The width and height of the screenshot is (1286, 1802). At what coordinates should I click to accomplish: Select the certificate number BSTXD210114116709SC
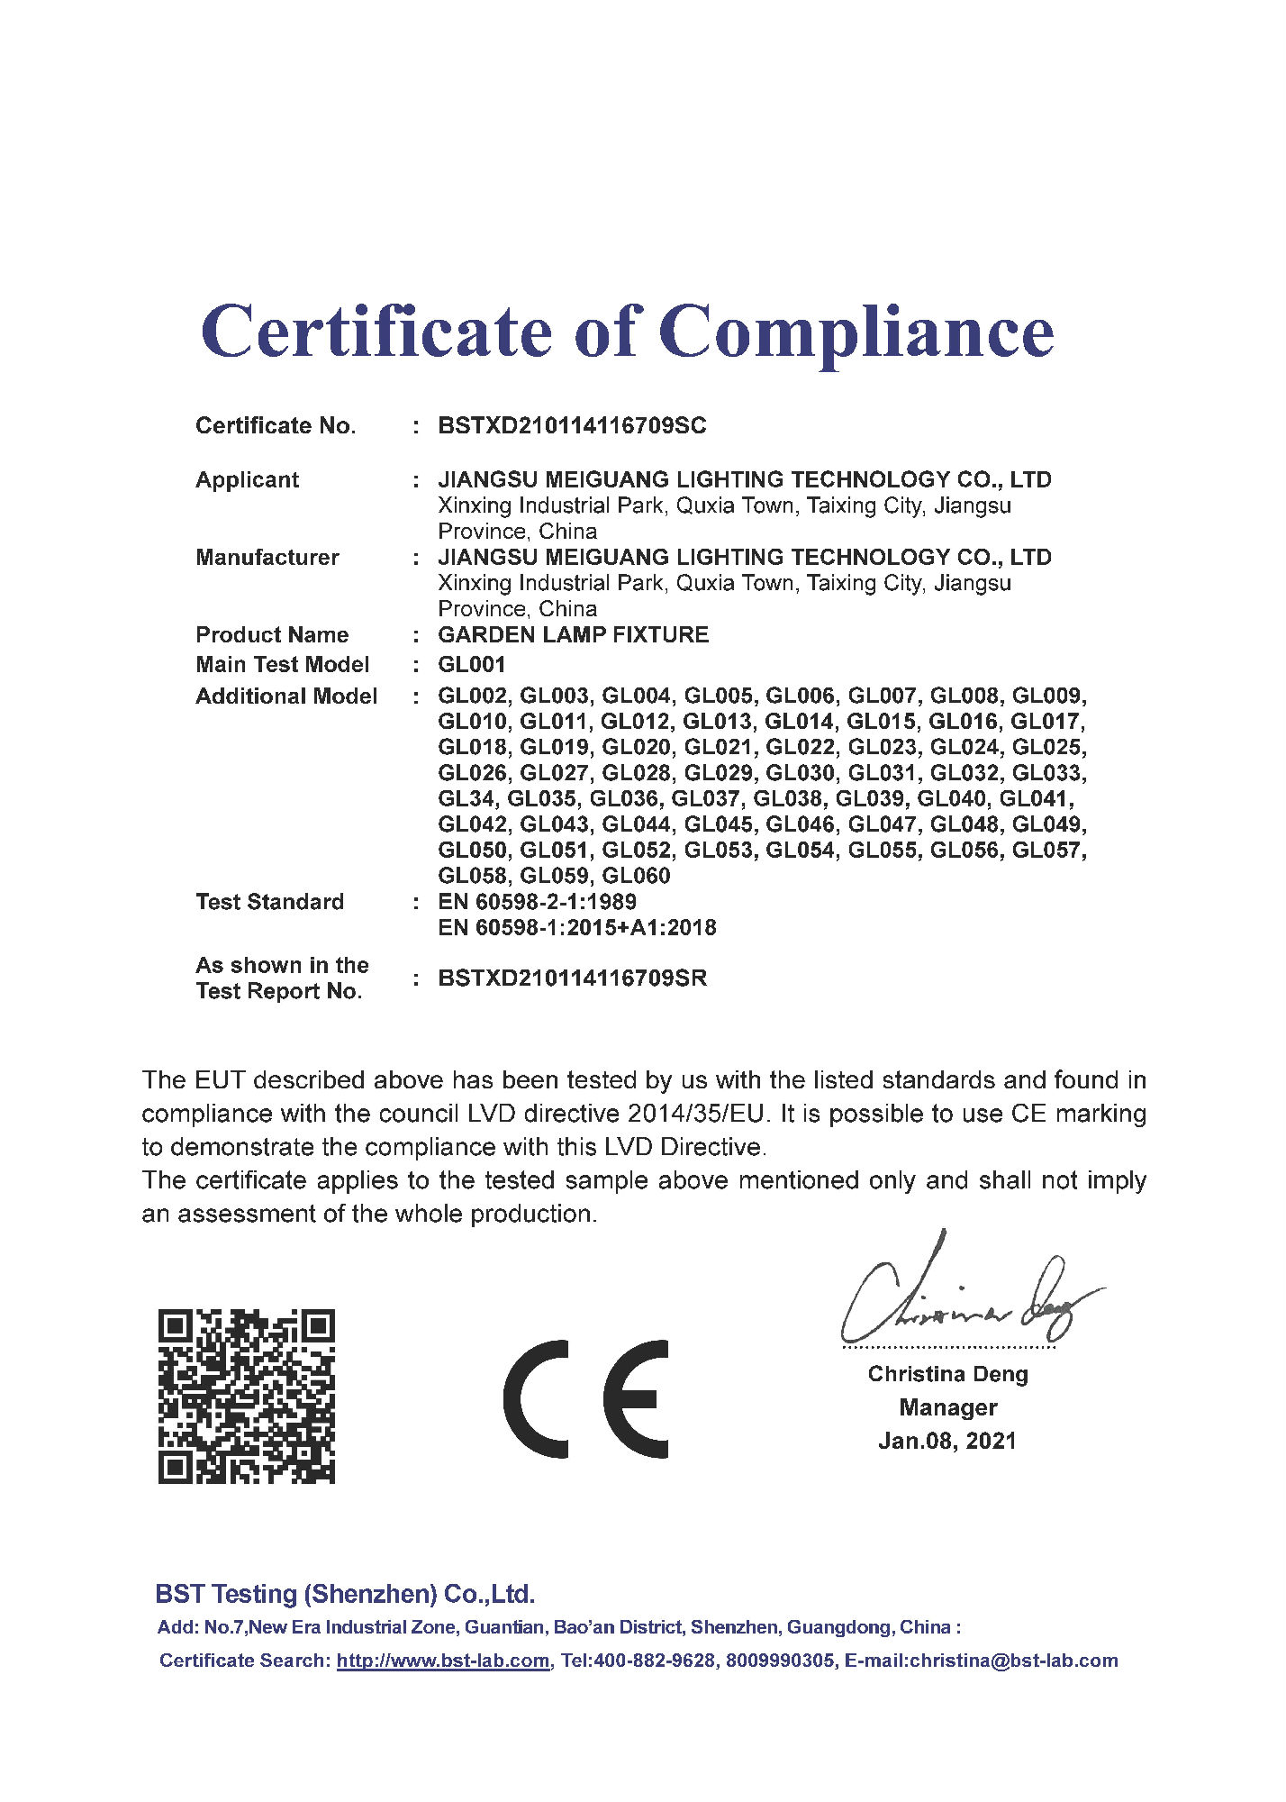[572, 426]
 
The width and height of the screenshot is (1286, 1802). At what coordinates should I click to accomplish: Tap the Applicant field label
[247, 480]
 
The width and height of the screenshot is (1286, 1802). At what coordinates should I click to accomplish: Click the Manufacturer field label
[267, 558]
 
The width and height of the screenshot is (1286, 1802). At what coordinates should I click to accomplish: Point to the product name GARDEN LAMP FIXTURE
[573, 635]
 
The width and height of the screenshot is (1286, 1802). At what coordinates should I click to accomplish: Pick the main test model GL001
[471, 665]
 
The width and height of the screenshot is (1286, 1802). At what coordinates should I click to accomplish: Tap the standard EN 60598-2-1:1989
[537, 902]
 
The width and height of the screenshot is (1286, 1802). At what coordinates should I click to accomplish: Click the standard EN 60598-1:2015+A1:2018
[576, 928]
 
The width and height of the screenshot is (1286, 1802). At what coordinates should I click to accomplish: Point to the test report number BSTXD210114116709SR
[572, 978]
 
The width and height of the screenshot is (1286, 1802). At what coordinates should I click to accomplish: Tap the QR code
[246, 1397]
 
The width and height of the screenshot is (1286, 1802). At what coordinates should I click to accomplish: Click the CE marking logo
[585, 1399]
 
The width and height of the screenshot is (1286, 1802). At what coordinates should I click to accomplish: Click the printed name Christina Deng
[947, 1374]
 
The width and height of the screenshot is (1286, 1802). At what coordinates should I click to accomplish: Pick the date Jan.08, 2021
[946, 1442]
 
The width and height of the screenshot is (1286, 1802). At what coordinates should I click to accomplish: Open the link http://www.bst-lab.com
[443, 1661]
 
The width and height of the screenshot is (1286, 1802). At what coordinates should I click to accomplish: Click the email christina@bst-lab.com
[1013, 1661]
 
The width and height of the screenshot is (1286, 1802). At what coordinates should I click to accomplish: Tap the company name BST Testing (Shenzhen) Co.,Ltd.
[345, 1594]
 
